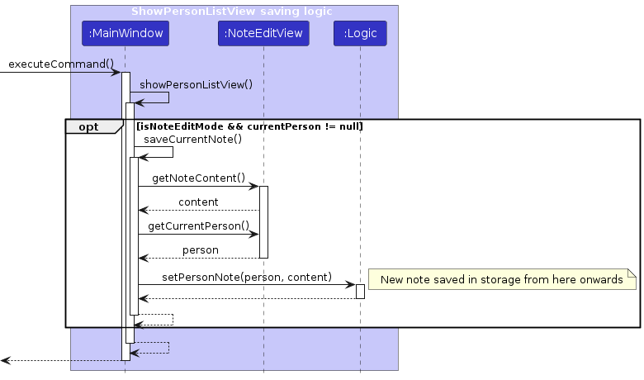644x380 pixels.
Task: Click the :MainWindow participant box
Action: pos(125,34)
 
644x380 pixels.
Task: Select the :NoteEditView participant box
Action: pos(263,34)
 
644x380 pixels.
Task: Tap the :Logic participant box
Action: pos(360,34)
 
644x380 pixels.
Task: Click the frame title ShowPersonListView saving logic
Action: pos(231,12)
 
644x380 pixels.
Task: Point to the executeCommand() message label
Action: pos(61,64)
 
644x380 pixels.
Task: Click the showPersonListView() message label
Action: pos(196,84)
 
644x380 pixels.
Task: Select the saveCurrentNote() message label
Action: pos(192,139)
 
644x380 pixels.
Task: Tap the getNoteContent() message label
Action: pos(198,178)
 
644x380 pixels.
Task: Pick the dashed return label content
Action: pos(198,202)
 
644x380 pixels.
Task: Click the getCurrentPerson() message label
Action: pos(198,226)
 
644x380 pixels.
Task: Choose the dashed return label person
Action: pos(200,249)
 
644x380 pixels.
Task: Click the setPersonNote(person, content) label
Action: pos(247,277)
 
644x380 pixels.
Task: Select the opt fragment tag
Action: pos(88,126)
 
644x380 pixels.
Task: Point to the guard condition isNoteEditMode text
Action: pos(249,126)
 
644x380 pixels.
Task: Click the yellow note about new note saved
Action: pos(501,280)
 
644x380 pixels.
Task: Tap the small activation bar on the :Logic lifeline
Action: pos(360,291)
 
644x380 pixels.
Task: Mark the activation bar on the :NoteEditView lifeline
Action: pos(263,221)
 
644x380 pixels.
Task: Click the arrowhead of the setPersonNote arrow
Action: pos(350,285)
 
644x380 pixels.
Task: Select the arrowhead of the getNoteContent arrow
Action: pos(254,186)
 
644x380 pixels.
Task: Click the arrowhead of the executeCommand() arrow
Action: pos(116,73)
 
